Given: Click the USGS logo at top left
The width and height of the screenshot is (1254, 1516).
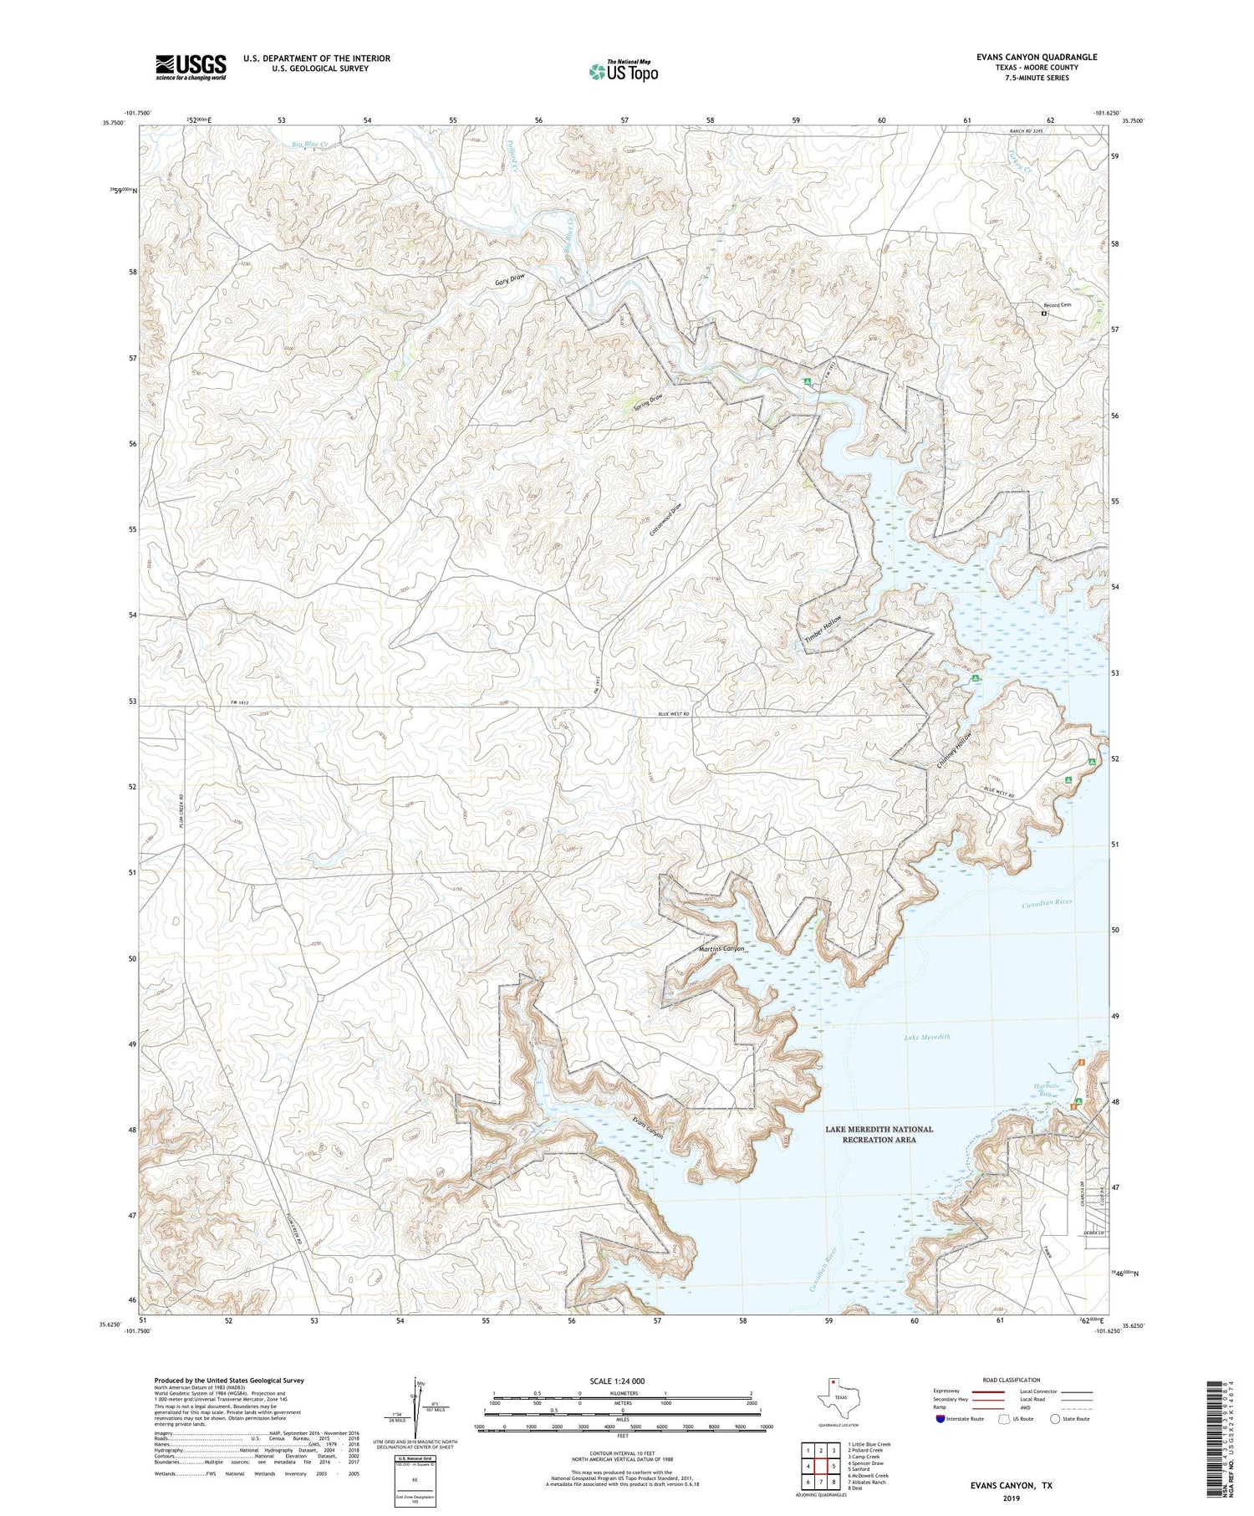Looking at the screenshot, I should point(191,67).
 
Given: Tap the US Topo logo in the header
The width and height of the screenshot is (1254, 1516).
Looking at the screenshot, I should point(623,71).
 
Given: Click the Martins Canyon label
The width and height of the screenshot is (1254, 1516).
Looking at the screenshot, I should point(721,949).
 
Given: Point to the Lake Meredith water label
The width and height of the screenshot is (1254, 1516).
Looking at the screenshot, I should point(927,1037).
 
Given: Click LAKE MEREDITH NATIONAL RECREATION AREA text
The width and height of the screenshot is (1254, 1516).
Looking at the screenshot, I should point(879,1134).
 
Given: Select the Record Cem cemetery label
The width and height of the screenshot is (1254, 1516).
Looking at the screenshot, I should point(1058,305).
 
